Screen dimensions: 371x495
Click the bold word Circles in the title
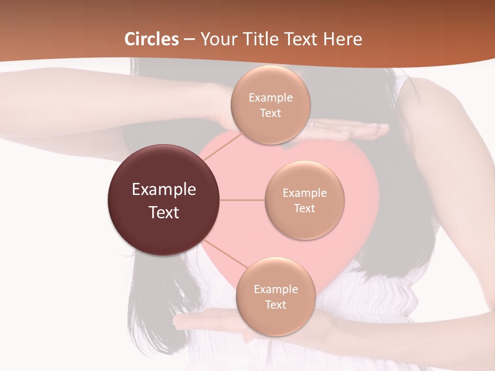[x=152, y=39]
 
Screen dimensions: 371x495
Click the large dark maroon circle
[x=164, y=200]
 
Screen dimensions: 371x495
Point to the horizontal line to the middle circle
[x=242, y=200]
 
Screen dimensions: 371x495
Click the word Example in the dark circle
[x=164, y=190]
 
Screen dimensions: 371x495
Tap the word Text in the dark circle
[x=164, y=212]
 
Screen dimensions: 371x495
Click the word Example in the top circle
[x=270, y=97]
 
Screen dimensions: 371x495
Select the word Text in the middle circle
[x=304, y=208]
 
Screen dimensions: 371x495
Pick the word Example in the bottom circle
[x=275, y=289]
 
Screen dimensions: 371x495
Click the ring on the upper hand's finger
[x=311, y=124]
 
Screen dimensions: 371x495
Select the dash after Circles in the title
[x=189, y=40]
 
